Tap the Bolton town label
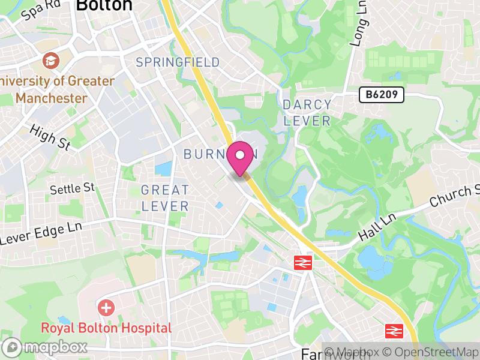[x=104, y=5]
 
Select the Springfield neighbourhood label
[x=178, y=62]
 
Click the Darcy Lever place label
[x=307, y=113]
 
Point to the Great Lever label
[x=165, y=198]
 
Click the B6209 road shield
[x=382, y=94]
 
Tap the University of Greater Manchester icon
[x=50, y=61]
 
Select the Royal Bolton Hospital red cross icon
[x=107, y=308]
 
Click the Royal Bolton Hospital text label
[x=106, y=328]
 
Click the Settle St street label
[x=73, y=188]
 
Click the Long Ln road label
[x=359, y=29]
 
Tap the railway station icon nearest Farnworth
[x=394, y=331]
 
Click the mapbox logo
[x=46, y=347]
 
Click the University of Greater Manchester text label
[x=58, y=89]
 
